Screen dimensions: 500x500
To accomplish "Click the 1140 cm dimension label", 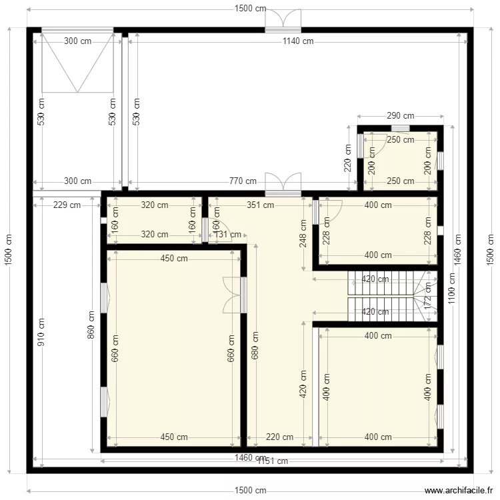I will pos(297,41).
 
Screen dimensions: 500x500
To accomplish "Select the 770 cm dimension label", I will pos(243,181).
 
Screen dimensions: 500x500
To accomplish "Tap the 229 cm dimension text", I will pos(66,205).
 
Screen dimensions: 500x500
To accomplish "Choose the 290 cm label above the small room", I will pos(400,115).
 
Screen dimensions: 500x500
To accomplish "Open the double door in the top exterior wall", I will pos(283,21).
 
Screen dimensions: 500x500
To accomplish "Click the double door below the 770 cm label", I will pos(283,185).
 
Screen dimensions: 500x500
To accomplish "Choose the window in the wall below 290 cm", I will pos(400,129).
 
